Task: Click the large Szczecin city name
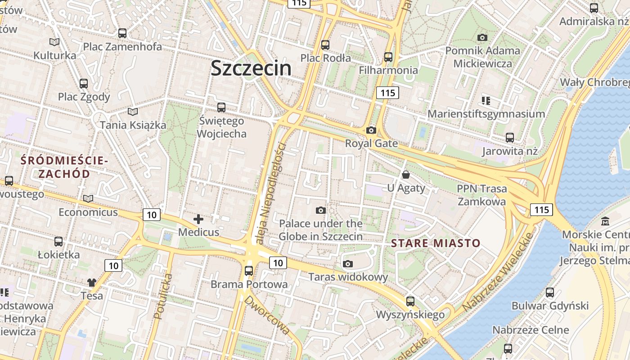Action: [x=251, y=68]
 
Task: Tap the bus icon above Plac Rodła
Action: [x=325, y=45]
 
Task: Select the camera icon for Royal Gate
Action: [x=371, y=130]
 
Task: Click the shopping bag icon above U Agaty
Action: [x=406, y=175]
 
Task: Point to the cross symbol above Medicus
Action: [x=198, y=219]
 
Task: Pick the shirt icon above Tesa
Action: [x=92, y=283]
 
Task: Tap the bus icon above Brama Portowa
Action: [x=249, y=271]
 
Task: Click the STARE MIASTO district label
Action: [x=436, y=243]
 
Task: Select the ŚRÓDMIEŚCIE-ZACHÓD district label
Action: [x=64, y=167]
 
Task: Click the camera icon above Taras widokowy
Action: [x=348, y=264]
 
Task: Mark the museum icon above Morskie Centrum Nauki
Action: [x=605, y=221]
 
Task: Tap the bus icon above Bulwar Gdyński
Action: [x=550, y=292]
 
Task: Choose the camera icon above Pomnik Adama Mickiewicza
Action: [x=482, y=37]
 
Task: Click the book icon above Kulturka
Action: [x=54, y=42]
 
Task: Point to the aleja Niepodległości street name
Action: [x=270, y=193]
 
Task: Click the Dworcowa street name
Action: [x=267, y=315]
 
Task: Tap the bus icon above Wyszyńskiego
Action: [x=410, y=301]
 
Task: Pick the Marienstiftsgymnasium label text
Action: [x=486, y=114]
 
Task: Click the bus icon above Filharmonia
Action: [x=388, y=57]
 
